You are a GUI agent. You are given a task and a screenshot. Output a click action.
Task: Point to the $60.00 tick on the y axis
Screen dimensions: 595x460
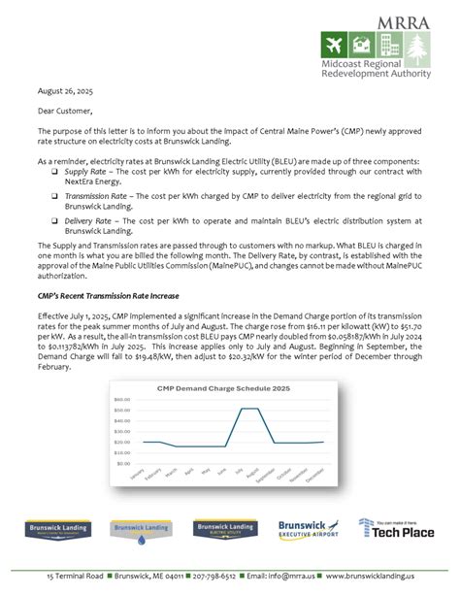[x=121, y=399]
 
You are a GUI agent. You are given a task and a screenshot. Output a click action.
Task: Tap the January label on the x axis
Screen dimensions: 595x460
[x=136, y=478]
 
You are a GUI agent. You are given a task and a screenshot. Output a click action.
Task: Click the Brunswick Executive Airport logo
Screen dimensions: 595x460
[x=308, y=529]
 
